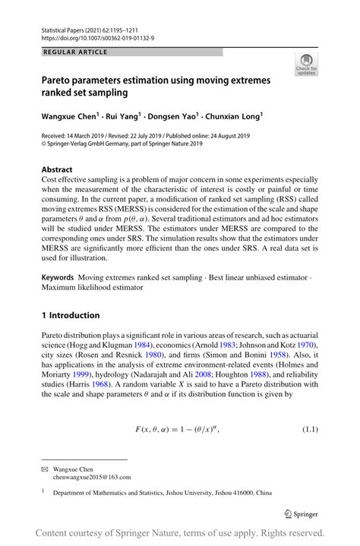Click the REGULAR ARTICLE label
pyautogui.click(x=76, y=52)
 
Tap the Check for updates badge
pyautogui.click(x=308, y=65)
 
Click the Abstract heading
pyautogui.click(x=57, y=170)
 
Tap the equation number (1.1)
pyautogui.click(x=305, y=430)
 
